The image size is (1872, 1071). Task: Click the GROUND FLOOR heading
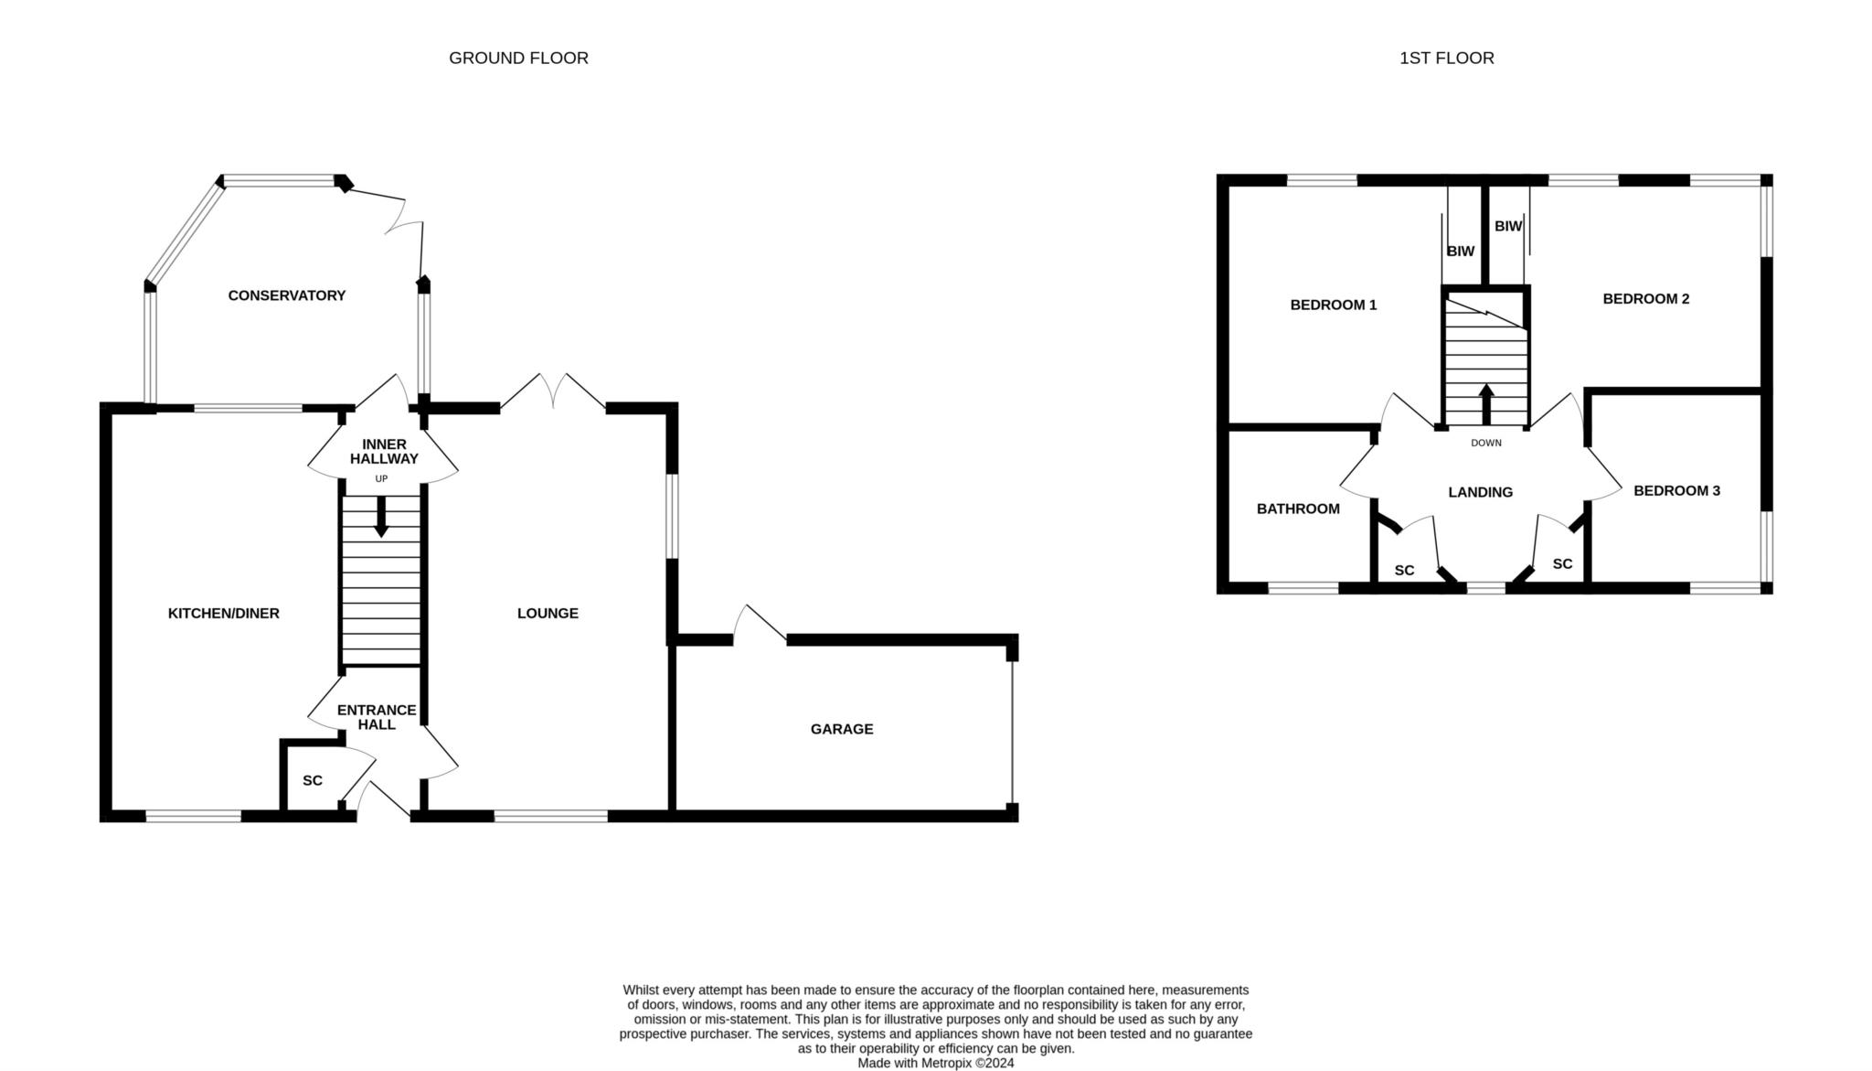tap(518, 58)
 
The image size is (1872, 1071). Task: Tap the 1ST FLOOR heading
tap(1446, 58)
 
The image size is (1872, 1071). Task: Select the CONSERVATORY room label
tap(287, 295)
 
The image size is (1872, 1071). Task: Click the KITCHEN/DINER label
tap(224, 613)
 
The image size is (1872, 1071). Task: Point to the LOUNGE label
tap(548, 613)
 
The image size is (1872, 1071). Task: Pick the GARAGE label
tap(842, 729)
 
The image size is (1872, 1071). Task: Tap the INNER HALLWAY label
tap(384, 452)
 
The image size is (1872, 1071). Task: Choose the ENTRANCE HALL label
tap(377, 717)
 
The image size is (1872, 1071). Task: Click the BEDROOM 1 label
tap(1334, 305)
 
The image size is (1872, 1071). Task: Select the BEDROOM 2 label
tap(1646, 298)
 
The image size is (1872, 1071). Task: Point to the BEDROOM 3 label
tap(1677, 490)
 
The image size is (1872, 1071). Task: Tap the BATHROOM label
tap(1298, 509)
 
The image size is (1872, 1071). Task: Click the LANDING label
tap(1481, 492)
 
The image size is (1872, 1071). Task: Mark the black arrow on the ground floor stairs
tap(381, 516)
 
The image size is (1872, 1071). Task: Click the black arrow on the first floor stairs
tap(1486, 404)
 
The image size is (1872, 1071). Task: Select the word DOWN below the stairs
tap(1486, 443)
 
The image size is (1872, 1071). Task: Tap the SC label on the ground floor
tap(313, 780)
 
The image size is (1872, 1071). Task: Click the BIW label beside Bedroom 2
tap(1508, 225)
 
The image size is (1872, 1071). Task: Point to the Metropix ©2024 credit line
tap(935, 1064)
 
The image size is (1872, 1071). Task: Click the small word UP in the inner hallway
tap(381, 478)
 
